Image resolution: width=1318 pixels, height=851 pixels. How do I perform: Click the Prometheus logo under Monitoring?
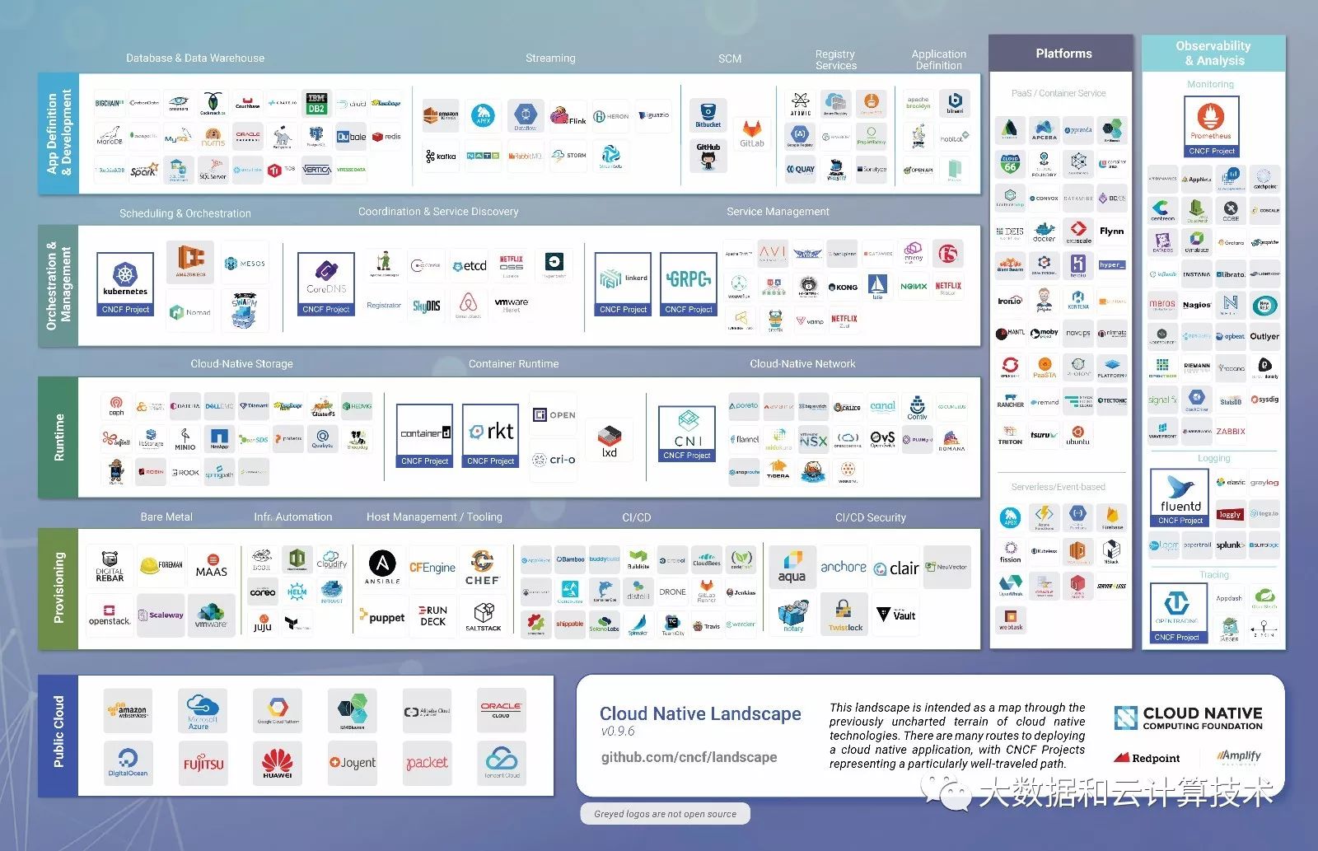click(1211, 125)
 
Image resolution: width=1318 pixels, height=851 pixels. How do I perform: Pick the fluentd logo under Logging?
click(1180, 497)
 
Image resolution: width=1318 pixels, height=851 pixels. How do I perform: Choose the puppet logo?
click(382, 617)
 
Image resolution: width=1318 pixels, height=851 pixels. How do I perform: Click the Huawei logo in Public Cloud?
click(278, 763)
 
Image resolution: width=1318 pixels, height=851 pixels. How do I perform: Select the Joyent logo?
click(353, 763)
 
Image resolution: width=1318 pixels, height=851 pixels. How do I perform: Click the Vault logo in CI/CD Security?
click(896, 615)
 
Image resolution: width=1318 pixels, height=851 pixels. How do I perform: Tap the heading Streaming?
click(550, 58)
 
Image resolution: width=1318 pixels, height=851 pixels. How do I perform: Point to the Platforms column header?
click(1063, 54)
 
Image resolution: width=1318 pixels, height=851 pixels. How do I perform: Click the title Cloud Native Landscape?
click(700, 713)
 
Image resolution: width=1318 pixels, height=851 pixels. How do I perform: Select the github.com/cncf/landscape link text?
click(689, 757)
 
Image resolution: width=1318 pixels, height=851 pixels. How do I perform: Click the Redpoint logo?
click(1147, 758)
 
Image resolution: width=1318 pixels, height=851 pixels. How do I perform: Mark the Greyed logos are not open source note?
click(665, 814)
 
